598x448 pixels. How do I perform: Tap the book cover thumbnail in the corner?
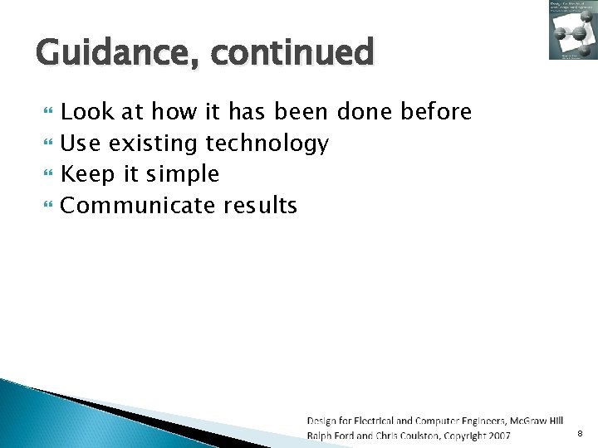[572, 31]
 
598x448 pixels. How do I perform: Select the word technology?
[267, 144]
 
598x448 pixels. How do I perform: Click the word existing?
[154, 144]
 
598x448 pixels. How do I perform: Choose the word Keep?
[87, 175]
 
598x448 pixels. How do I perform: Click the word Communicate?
[138, 206]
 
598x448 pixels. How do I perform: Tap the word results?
[260, 206]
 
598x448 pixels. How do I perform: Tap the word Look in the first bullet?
[86, 111]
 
